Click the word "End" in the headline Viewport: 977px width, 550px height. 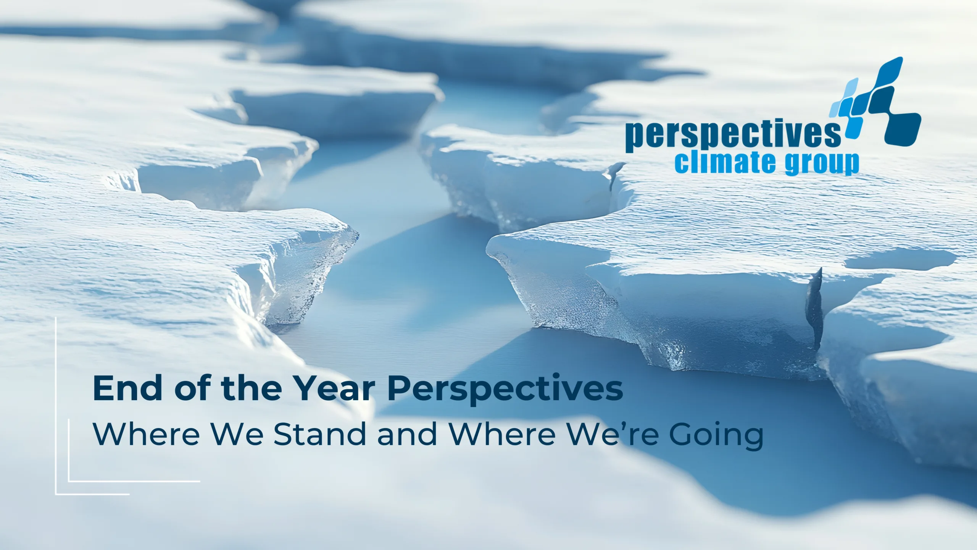pos(128,388)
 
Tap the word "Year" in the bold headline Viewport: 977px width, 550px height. pos(335,388)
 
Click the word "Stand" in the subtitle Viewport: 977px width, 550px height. pos(320,434)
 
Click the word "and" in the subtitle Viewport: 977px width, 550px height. pos(407,434)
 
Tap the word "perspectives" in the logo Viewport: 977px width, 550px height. pos(733,136)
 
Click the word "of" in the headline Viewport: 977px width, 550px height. pos(191,388)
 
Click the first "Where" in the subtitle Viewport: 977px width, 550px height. pos(147,434)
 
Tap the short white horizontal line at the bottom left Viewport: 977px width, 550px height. pos(93,494)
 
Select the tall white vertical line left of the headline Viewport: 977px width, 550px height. pos(56,406)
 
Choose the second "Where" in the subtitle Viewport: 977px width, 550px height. pos(502,434)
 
